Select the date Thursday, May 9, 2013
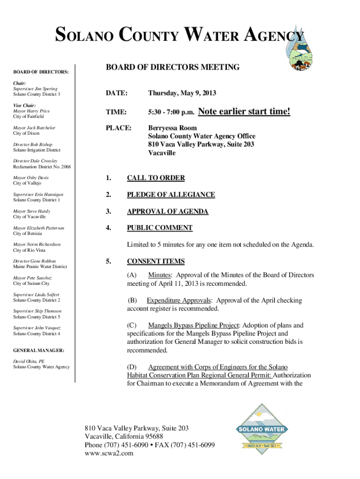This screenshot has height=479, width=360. (x=182, y=94)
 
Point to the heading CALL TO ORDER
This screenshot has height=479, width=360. (x=156, y=178)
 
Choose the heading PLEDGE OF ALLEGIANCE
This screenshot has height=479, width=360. (x=171, y=195)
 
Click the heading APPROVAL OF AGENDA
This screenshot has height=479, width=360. (x=167, y=211)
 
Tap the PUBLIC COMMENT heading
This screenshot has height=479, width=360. (x=159, y=228)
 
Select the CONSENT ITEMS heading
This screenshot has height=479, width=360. (x=156, y=261)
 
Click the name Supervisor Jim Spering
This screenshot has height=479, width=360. (x=36, y=89)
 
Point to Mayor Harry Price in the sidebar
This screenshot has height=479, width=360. (x=31, y=111)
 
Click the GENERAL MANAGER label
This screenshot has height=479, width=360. (x=39, y=350)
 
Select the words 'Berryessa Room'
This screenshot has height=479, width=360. (x=173, y=128)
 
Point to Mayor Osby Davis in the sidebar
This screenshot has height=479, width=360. (x=31, y=178)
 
